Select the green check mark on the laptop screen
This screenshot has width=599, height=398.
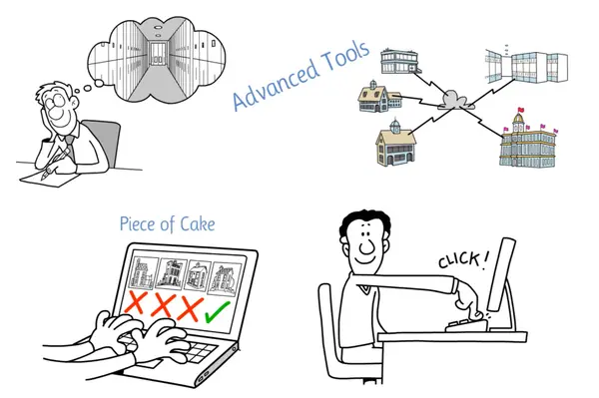[218, 310]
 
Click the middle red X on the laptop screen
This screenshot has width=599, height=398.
[164, 304]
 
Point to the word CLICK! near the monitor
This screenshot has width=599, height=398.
[463, 260]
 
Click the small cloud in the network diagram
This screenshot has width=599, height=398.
[453, 100]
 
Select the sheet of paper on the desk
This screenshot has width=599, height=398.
[49, 179]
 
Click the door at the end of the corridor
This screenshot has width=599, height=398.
[157, 54]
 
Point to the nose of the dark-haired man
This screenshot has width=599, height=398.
[366, 245]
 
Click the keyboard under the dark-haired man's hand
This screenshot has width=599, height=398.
[467, 325]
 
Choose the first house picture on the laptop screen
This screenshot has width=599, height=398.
[143, 272]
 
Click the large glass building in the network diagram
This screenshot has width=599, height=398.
[526, 66]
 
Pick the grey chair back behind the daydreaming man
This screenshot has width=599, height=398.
[103, 143]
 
